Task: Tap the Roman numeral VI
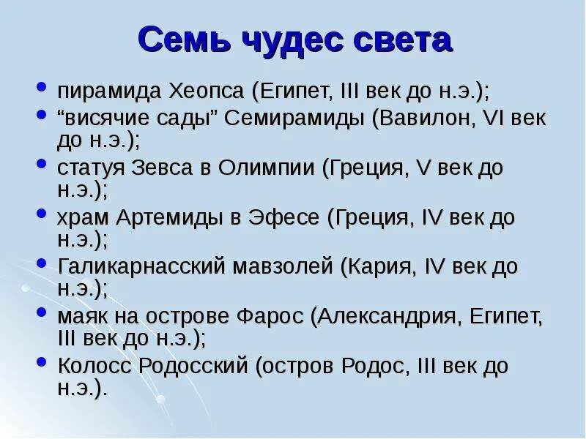[497, 119]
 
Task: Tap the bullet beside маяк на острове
[42, 313]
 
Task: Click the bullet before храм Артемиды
[42, 214]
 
